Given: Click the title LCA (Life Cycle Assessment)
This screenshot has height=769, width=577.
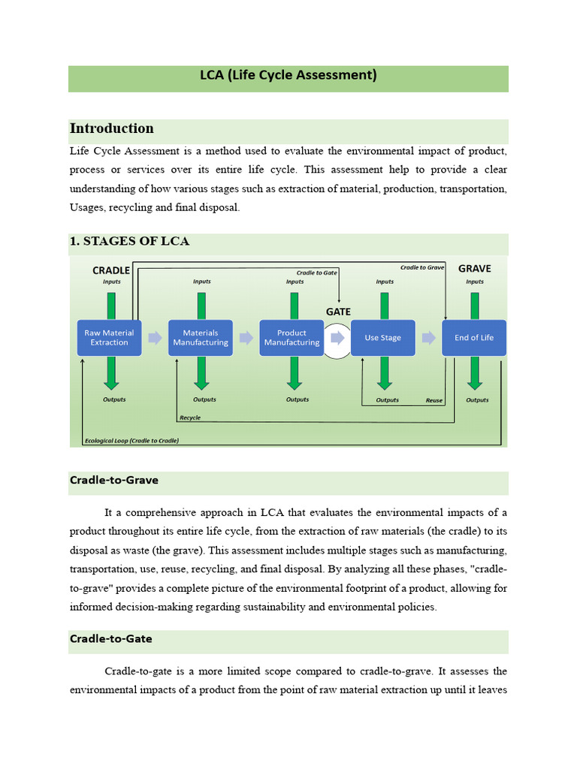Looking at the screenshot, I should (x=288, y=75).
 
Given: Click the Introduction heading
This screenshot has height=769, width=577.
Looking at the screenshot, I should (x=111, y=128).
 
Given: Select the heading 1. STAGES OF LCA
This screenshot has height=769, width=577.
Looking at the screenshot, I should (x=129, y=241).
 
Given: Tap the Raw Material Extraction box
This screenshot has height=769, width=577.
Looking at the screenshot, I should (x=109, y=337).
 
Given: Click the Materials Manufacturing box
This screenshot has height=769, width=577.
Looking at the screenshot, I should (x=201, y=337).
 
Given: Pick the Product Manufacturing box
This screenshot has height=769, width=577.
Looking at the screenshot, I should (x=292, y=337).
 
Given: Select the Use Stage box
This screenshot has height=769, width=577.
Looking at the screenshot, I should (x=383, y=337).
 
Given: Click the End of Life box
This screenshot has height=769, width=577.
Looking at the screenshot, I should (x=474, y=337).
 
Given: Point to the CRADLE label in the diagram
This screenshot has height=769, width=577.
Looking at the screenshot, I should (x=111, y=270).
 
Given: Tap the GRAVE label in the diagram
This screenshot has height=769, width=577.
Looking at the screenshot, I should (x=474, y=268).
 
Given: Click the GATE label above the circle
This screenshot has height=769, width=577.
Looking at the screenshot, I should (x=338, y=311).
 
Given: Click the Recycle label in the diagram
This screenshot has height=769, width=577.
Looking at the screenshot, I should (x=190, y=418).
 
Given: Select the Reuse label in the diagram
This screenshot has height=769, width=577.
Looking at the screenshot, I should (x=434, y=400).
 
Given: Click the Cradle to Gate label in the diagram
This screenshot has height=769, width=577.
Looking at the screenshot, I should (x=316, y=273).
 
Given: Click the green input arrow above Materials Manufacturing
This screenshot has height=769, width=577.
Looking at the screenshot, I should (x=201, y=305).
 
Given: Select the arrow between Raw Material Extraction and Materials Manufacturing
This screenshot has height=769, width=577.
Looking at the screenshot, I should (x=155, y=338).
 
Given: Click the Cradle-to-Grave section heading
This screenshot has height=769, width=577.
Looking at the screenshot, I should (x=114, y=480).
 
